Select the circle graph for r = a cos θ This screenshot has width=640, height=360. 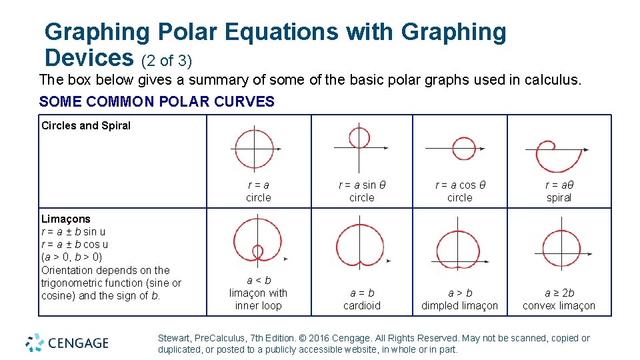coord(463,148)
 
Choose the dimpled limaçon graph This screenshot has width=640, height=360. coord(458,251)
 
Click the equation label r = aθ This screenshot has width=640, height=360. coord(559,185)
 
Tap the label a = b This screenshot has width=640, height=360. coord(362,293)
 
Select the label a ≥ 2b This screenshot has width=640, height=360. coord(559,293)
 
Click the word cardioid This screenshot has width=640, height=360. coord(362,306)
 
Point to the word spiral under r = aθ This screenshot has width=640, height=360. coord(559,198)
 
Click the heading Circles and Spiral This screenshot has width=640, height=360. coord(86,125)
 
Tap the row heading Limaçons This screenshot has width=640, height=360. coord(66,219)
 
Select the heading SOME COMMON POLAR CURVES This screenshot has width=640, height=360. coord(157,102)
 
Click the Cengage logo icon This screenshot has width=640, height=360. coord(35,343)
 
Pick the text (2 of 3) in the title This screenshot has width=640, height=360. coord(167,61)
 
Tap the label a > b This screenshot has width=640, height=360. coord(460,293)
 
